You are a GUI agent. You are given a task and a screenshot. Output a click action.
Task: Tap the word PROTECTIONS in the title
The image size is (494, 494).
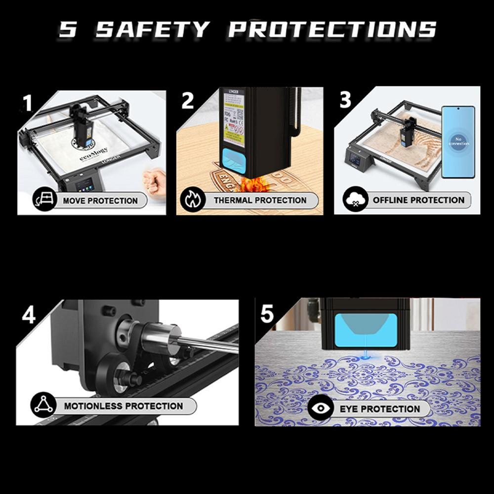point(332,30)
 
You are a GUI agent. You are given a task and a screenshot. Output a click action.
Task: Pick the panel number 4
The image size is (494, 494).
point(29,315)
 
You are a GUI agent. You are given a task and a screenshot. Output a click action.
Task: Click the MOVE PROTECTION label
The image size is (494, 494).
point(100,201)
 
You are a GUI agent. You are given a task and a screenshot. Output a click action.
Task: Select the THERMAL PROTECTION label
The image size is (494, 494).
point(260,200)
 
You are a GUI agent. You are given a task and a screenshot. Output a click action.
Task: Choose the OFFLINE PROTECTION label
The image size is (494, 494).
point(418,200)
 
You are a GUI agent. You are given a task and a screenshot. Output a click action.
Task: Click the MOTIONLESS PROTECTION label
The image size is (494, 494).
point(123,406)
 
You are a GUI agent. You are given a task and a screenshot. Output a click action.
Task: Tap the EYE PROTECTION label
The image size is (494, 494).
point(379,409)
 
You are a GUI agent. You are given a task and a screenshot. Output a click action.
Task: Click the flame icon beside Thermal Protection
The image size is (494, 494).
point(191,200)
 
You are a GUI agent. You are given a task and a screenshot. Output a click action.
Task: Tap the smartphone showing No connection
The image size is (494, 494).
point(458,142)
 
